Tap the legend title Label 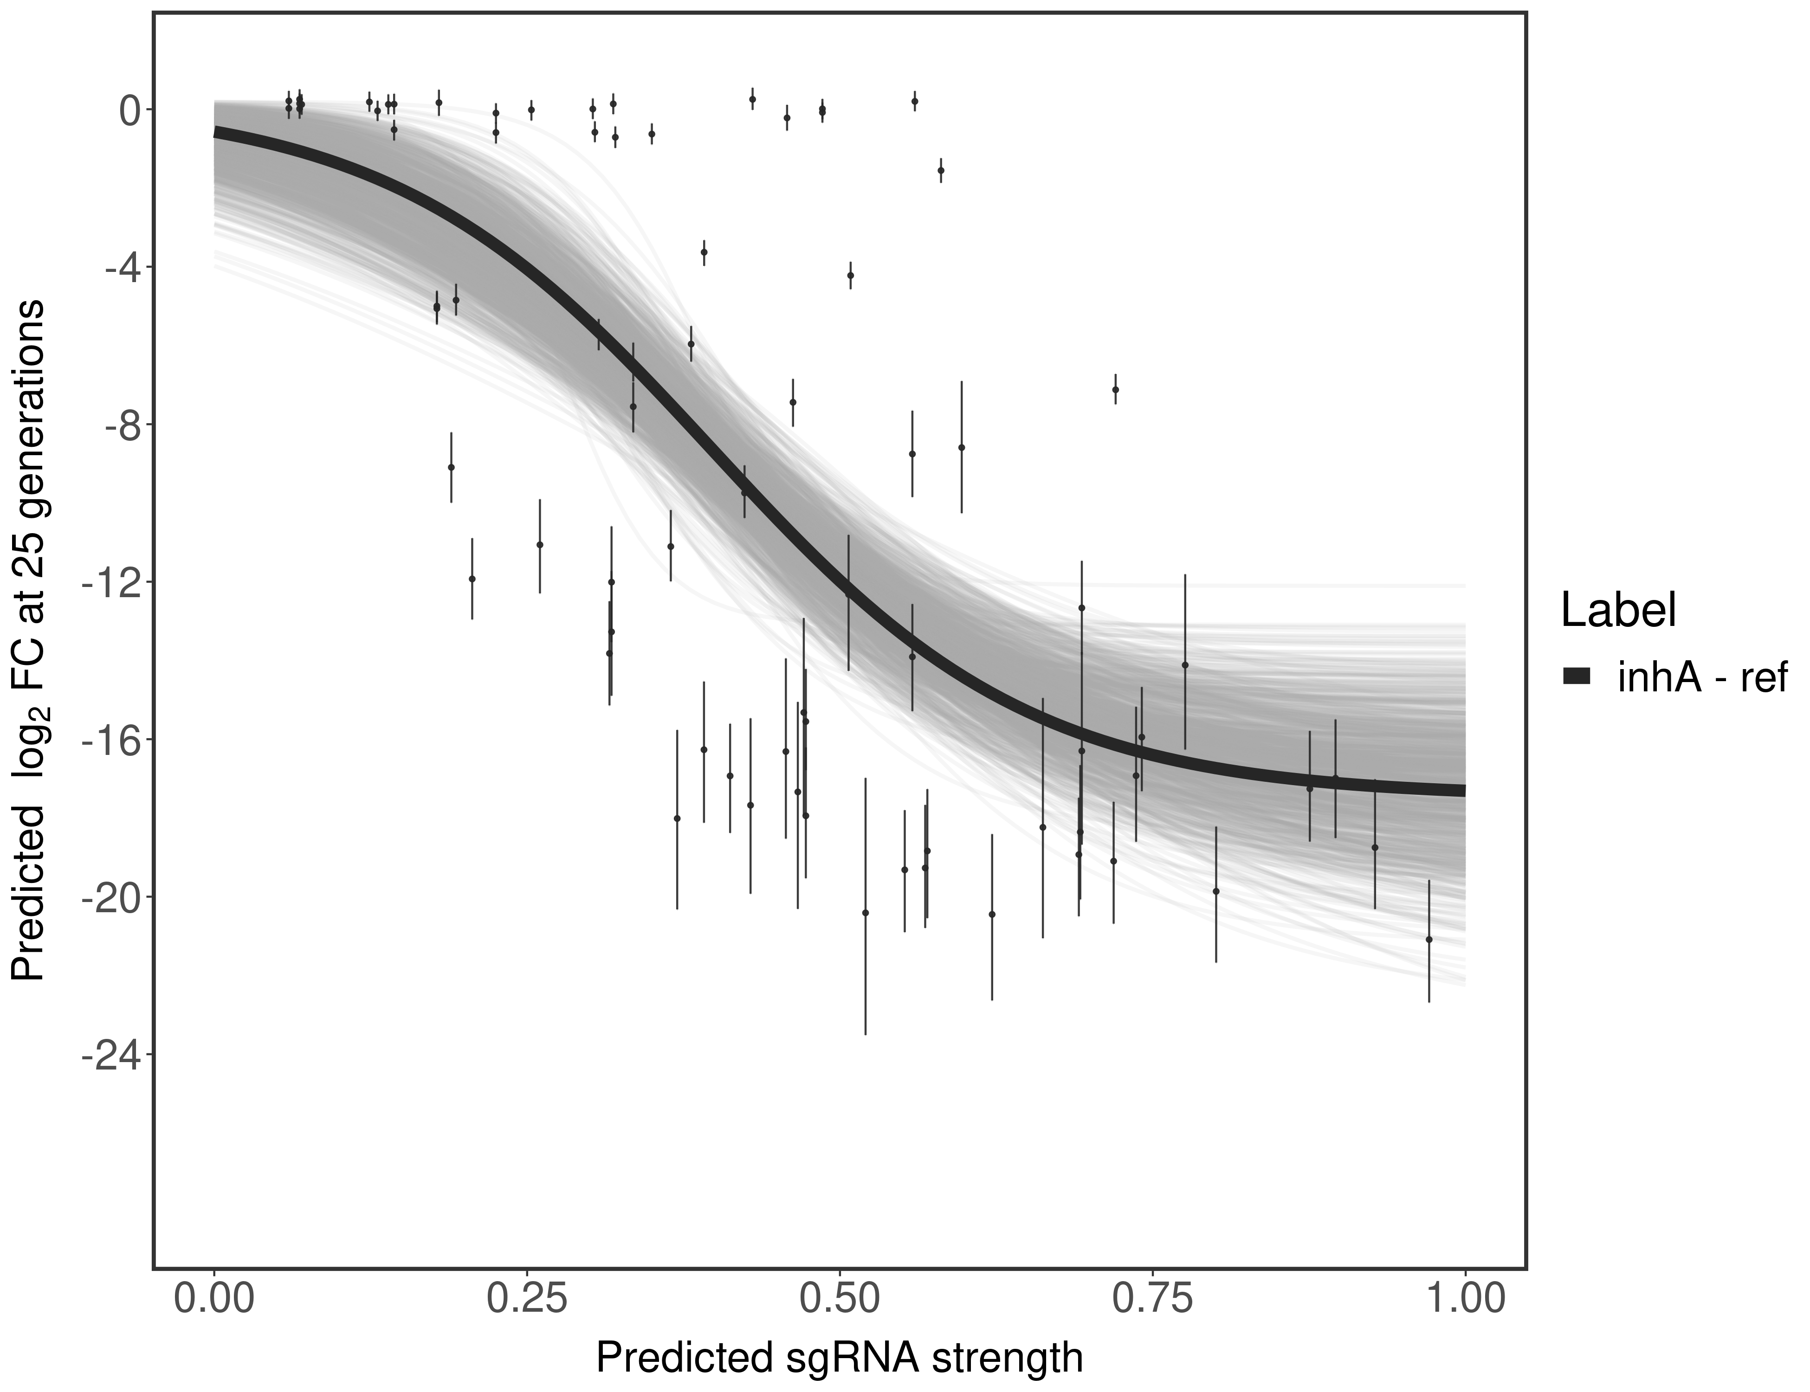tap(1619, 611)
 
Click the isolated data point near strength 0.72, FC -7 tap(1116, 389)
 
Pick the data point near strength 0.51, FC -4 tap(850, 275)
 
